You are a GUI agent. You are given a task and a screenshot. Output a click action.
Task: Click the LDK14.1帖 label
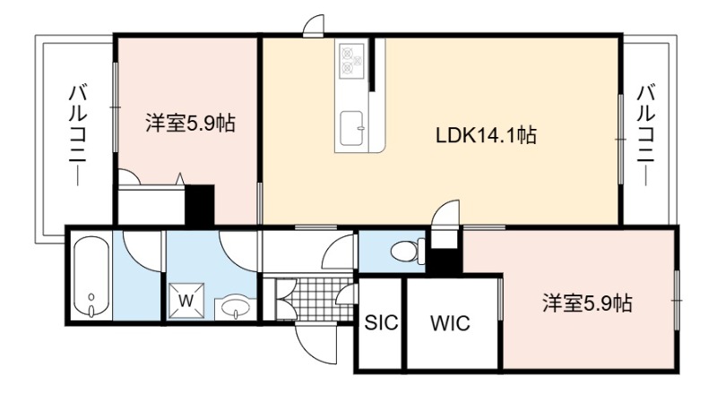486,135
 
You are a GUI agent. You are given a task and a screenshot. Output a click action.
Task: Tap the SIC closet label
382,323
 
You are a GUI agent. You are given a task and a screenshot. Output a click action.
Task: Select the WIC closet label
450,323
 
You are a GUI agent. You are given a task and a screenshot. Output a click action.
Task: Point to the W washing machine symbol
186,301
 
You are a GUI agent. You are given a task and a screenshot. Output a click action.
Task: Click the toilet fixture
408,252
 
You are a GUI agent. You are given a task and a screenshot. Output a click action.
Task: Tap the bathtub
91,277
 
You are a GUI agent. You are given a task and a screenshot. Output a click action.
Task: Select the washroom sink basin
236,306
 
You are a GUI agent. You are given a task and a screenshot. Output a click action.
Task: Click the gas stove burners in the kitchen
351,59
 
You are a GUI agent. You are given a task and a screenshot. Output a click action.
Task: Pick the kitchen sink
353,128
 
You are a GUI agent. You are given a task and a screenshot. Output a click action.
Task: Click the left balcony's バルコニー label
77,134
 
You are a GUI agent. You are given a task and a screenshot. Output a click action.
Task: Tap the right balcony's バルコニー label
645,134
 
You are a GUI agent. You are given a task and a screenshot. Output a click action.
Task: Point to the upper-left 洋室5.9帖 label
190,123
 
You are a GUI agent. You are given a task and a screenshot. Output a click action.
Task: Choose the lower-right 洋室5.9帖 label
588,303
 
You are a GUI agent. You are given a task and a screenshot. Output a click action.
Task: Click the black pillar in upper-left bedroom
199,204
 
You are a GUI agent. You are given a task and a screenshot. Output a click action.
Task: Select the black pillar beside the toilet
444,261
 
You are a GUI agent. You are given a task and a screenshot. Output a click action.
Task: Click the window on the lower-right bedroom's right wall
677,300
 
